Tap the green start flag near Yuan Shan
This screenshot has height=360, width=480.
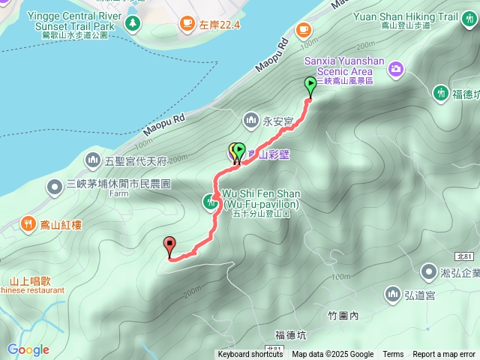[310, 85]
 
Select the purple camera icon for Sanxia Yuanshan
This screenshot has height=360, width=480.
[396, 70]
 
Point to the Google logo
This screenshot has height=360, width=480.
[28, 349]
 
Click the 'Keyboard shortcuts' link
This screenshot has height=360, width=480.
[250, 355]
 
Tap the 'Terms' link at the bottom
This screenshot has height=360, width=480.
[393, 355]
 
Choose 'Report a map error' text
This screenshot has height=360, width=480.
[444, 355]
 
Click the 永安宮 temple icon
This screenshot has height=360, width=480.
[251, 119]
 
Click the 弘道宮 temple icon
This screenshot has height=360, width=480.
[392, 292]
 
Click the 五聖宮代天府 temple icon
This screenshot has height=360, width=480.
[93, 159]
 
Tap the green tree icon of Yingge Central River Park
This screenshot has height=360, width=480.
[133, 25]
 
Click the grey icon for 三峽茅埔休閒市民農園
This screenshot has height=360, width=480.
[55, 185]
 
